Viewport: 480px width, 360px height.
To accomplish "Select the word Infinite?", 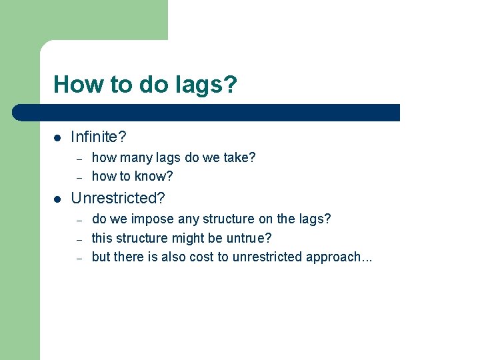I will pos(99,137).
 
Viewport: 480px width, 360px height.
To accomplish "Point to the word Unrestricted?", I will pos(118,199).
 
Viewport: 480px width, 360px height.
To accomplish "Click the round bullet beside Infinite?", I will pos(58,138).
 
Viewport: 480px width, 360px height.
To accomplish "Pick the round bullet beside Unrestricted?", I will pos(58,199).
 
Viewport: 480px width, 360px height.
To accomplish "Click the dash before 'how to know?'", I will pos(79,177).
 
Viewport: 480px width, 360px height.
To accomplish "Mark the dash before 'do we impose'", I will pos(79,219).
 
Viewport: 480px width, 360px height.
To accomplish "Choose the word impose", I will pos(153,219).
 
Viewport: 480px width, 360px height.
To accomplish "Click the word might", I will pos(190,238).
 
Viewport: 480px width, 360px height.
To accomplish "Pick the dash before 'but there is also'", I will pos(79,257).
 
